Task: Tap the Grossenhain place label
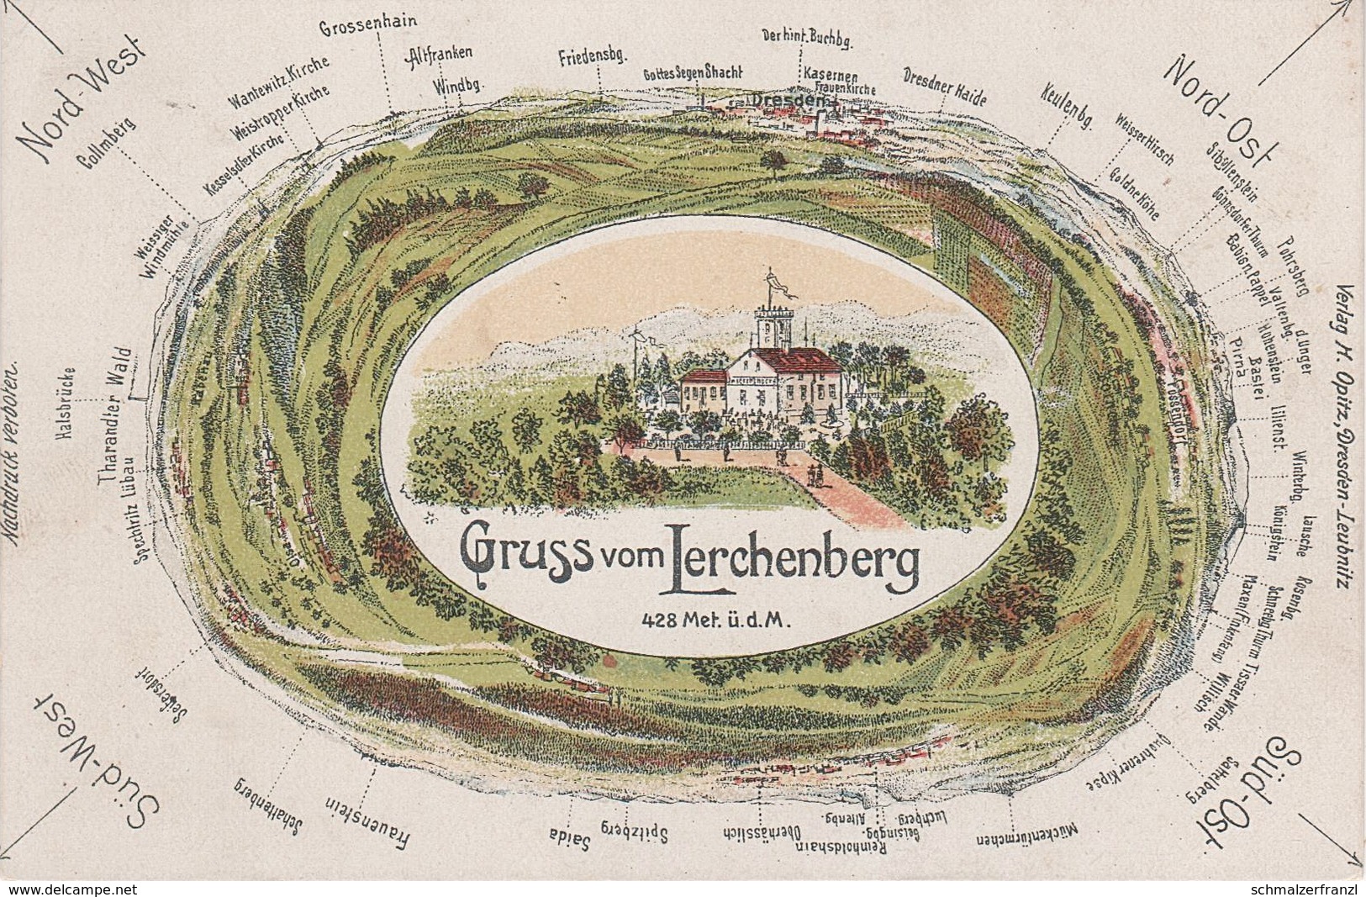[369, 26]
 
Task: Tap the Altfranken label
[439, 55]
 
